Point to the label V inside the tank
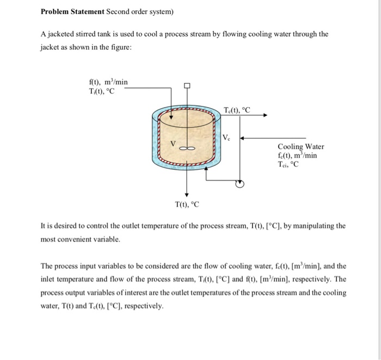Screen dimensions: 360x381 click(x=173, y=144)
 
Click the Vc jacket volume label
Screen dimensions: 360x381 click(x=228, y=138)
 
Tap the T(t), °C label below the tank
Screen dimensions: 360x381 click(x=187, y=204)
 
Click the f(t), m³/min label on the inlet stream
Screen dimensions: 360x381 click(x=108, y=82)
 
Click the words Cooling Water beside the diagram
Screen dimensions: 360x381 click(x=300, y=146)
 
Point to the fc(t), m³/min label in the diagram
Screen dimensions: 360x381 click(x=297, y=155)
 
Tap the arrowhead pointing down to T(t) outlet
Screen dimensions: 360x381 click(x=187, y=194)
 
